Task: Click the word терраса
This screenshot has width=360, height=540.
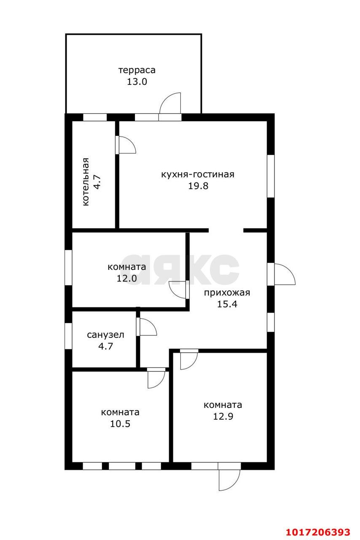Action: (x=137, y=70)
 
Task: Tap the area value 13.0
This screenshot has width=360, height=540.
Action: (x=137, y=82)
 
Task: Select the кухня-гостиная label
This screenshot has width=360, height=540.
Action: (x=198, y=174)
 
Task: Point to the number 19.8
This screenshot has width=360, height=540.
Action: (x=198, y=186)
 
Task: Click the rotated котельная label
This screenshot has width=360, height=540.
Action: (x=86, y=182)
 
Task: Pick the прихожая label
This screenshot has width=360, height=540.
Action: (x=227, y=293)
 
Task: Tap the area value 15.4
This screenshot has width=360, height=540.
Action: (x=227, y=304)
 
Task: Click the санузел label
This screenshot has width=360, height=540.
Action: (x=105, y=335)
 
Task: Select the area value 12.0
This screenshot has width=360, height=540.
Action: (x=127, y=278)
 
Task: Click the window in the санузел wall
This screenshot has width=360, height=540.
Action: (x=68, y=336)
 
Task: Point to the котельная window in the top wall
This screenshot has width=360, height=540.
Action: (x=95, y=117)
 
